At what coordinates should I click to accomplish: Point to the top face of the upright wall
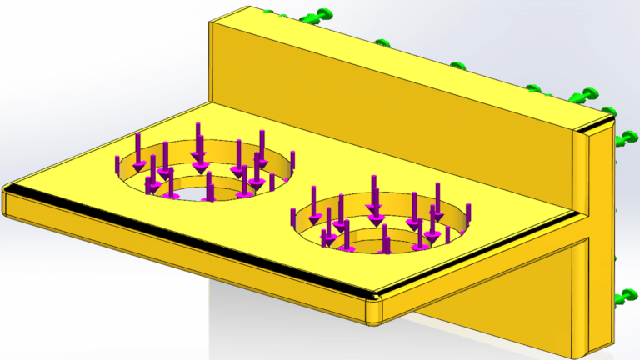coord(400,67)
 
